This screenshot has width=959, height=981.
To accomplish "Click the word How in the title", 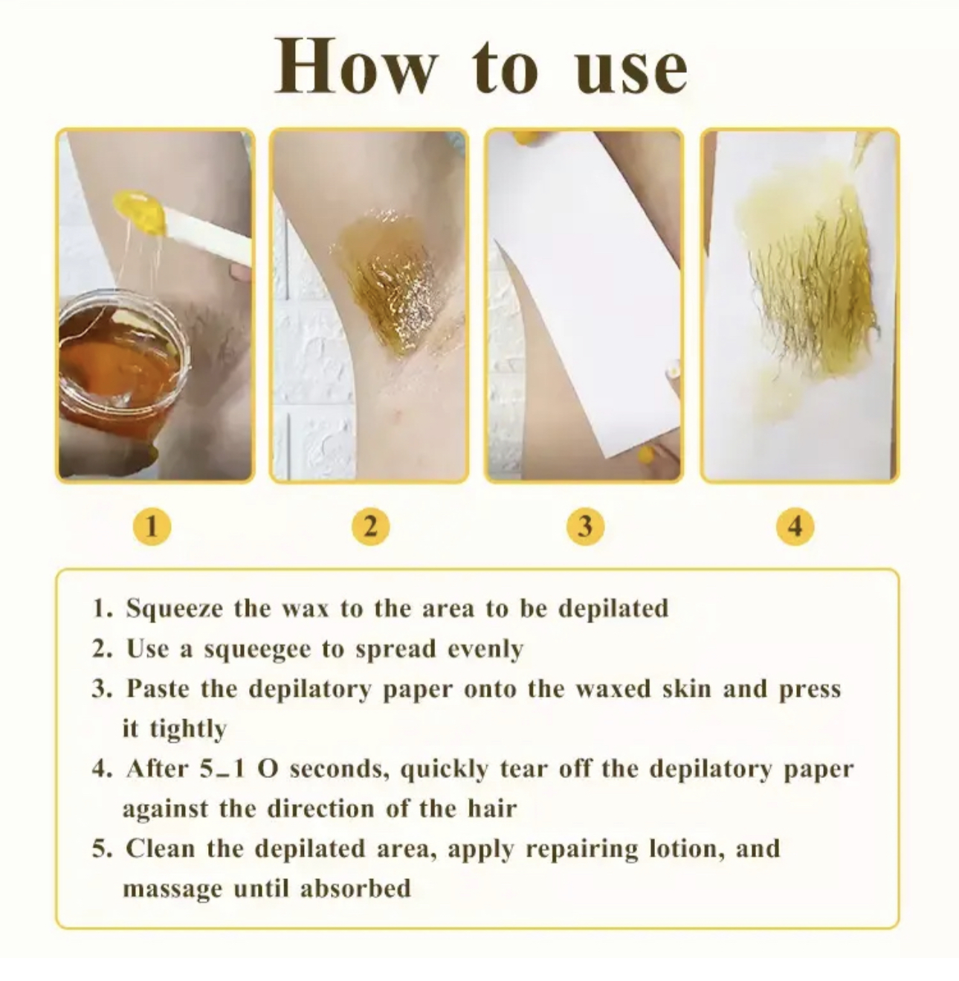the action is tap(355, 65).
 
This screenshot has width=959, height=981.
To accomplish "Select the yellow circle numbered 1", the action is tap(152, 527).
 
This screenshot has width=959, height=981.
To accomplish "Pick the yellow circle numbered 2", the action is tap(370, 527).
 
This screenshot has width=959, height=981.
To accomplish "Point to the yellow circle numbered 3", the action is tap(585, 527).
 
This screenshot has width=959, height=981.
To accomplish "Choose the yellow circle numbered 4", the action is tap(795, 527).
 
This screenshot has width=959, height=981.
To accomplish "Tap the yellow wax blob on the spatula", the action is tap(140, 212).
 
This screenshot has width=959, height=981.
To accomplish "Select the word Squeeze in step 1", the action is tap(174, 608).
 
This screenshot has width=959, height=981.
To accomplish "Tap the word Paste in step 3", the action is tap(158, 688).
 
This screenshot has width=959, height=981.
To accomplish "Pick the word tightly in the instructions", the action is tap(188, 730).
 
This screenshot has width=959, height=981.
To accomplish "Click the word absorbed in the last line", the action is tap(356, 888).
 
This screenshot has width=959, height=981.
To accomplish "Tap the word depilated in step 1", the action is tap(613, 608).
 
